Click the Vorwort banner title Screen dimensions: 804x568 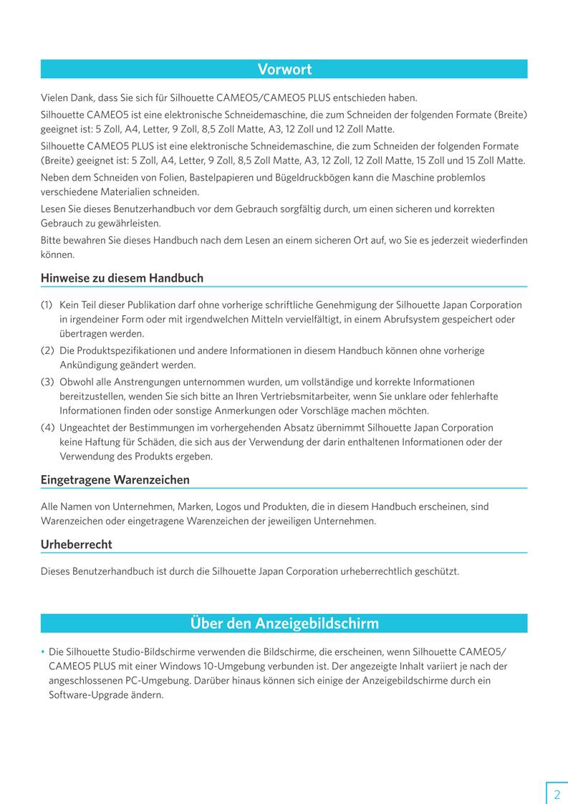284,70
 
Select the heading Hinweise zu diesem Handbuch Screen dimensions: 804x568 122,278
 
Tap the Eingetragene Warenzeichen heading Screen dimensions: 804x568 115,479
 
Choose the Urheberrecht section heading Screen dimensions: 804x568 76,544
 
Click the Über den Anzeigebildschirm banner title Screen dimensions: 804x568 284,623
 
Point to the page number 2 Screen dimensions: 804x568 557,794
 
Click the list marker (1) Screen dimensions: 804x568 47,305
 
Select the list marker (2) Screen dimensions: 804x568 47,350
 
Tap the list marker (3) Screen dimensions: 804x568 47,382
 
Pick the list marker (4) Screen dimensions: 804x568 47,428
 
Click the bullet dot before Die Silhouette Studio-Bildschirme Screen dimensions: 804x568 43,652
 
